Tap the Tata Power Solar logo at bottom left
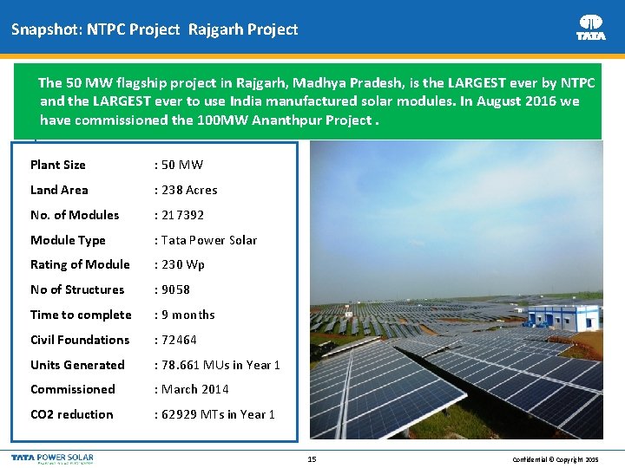pyautogui.click(x=52, y=458)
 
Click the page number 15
pyautogui.click(x=312, y=458)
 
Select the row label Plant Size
pyautogui.click(x=58, y=165)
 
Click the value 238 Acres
pyautogui.click(x=186, y=190)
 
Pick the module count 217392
pyautogui.click(x=179, y=215)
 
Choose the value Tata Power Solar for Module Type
pyautogui.click(x=206, y=240)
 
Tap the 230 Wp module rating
pyautogui.click(x=180, y=265)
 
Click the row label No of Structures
pyautogui.click(x=77, y=289)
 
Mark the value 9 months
pyautogui.click(x=185, y=315)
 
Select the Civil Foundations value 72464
pyautogui.click(x=175, y=340)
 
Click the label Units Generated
pyautogui.click(x=77, y=365)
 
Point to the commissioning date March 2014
pyautogui.click(x=191, y=389)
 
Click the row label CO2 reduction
pyautogui.click(x=72, y=414)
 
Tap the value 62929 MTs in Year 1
pyautogui.click(x=215, y=414)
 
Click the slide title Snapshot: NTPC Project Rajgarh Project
pyautogui.click(x=155, y=29)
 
